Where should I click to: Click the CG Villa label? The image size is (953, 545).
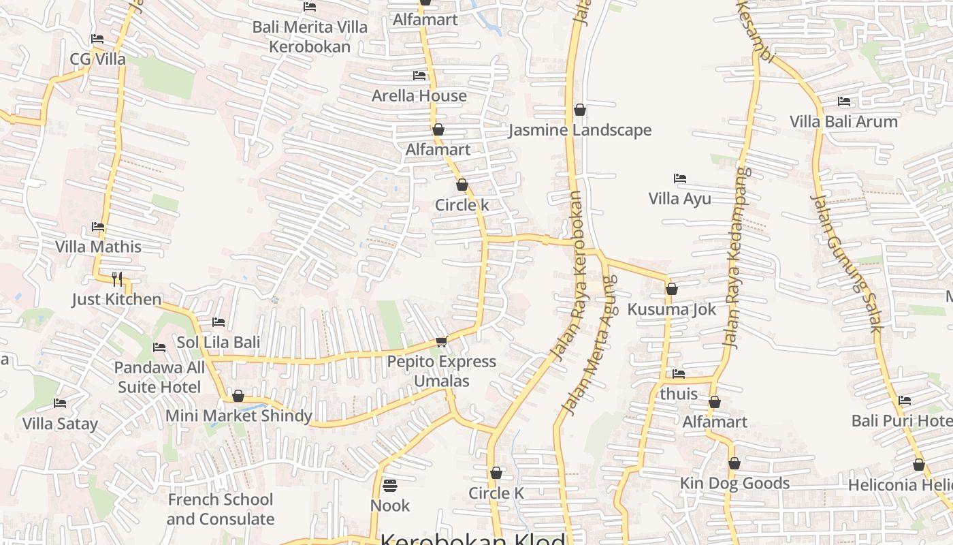tap(98, 59)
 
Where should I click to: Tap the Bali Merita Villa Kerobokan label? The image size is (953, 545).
tap(310, 37)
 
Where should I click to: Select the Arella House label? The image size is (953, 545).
tap(419, 96)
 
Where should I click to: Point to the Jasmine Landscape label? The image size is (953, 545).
tap(580, 130)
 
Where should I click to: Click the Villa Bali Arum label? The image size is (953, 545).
tap(843, 122)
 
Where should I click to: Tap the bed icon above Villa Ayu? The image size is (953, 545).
tap(679, 178)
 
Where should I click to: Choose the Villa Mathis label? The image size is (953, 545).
tap(98, 247)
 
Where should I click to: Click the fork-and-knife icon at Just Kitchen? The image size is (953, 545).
tap(117, 279)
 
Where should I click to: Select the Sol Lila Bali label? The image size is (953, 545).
tap(219, 342)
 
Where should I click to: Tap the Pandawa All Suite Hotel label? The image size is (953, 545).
tap(159, 377)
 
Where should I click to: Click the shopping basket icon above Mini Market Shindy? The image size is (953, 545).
tap(238, 396)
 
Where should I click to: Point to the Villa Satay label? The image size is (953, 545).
tap(60, 424)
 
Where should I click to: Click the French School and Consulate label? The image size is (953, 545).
tap(221, 509)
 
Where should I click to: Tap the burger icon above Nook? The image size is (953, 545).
tap(390, 486)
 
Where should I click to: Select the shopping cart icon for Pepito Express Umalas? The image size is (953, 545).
tap(441, 341)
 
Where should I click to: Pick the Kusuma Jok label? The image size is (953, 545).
tap(671, 309)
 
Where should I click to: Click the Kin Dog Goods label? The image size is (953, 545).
tap(734, 484)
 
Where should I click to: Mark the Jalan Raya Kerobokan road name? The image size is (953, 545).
tap(569, 276)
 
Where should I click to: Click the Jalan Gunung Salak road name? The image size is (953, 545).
tap(846, 263)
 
